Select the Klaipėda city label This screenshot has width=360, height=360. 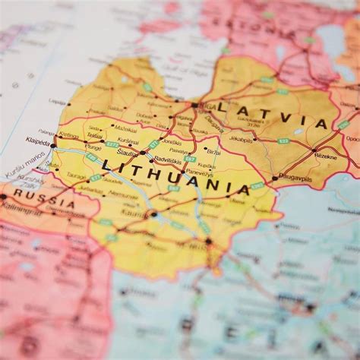pos(36,142)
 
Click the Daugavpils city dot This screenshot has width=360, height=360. pos(274,178)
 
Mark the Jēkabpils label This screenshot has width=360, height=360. pos(240,139)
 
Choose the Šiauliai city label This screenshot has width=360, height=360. pos(127,153)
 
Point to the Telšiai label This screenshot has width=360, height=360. pos(95,135)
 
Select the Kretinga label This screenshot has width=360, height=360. pos(68,135)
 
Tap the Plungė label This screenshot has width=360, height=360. pos(93,147)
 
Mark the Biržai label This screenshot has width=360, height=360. pos(213,150)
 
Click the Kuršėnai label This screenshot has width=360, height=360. pos(128,141)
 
